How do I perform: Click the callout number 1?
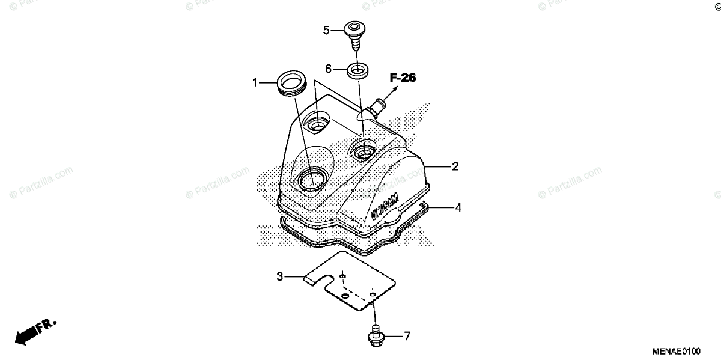click(255, 82)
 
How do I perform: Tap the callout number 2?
click(455, 166)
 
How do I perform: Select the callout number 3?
click(279, 276)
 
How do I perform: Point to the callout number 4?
click(458, 207)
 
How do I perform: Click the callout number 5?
click(326, 29)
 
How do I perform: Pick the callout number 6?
click(329, 69)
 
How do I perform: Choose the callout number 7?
click(407, 337)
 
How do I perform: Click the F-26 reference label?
click(403, 78)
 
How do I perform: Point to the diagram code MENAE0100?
click(678, 349)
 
